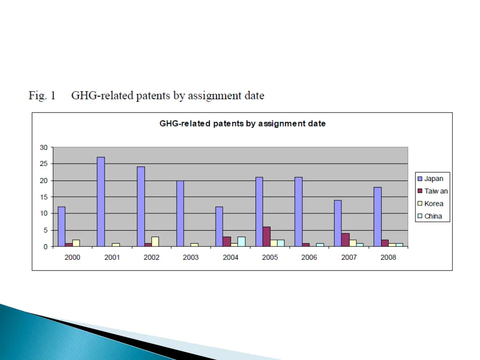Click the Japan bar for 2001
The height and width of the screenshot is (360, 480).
[x=101, y=202]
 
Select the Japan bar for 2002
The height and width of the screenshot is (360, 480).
[x=141, y=206]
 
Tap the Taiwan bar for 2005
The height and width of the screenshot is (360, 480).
[x=267, y=237]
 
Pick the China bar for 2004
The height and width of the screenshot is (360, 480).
[x=241, y=241]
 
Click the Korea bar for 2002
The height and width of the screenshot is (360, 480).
[x=155, y=241]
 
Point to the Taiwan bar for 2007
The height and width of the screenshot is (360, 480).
[x=345, y=240]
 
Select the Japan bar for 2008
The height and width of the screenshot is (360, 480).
[x=377, y=217]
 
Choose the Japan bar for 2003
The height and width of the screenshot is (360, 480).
[x=180, y=213]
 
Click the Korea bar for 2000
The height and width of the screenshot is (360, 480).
[x=76, y=243]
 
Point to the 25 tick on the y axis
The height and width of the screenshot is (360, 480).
[x=44, y=164]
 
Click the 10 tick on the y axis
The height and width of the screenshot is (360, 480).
[x=44, y=213]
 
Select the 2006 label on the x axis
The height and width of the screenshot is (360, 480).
[x=309, y=257]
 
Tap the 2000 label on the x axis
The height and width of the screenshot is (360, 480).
[x=72, y=257]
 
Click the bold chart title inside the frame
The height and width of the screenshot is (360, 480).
[x=242, y=124]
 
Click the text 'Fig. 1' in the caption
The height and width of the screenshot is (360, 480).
[x=42, y=96]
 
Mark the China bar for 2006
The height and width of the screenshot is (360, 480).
[x=320, y=245]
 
